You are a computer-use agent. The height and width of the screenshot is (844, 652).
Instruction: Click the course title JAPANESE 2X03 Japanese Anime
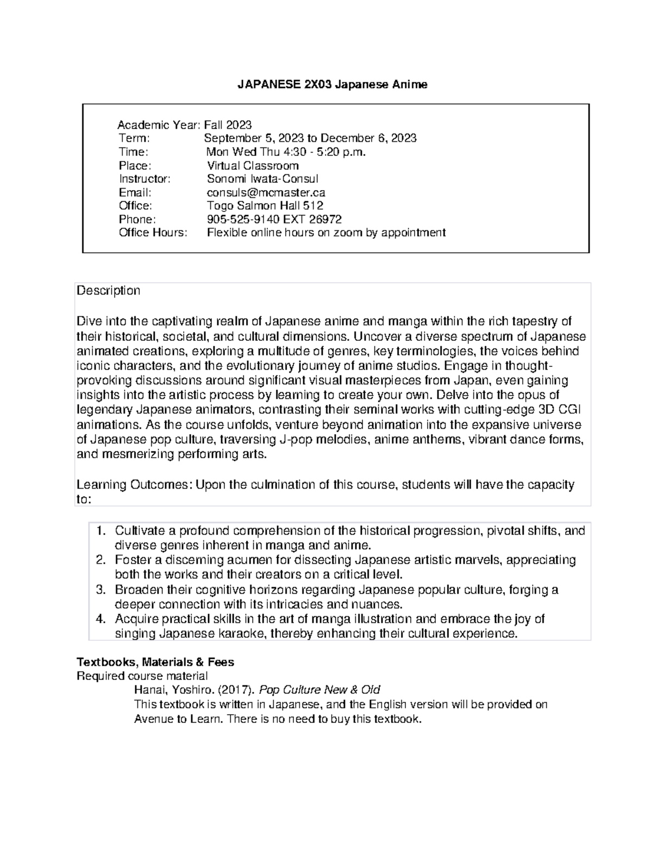pyautogui.click(x=333, y=84)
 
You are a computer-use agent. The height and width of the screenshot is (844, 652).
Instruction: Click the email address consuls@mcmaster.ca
pyautogui.click(x=266, y=192)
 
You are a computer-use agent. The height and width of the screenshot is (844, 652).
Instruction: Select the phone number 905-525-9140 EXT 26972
pyautogui.click(x=274, y=220)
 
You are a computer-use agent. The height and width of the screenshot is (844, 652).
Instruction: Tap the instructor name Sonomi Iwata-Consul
pyautogui.click(x=262, y=179)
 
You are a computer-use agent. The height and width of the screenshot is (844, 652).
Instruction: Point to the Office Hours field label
pyautogui.click(x=153, y=233)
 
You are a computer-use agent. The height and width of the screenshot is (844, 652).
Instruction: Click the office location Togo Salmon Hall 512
pyautogui.click(x=265, y=206)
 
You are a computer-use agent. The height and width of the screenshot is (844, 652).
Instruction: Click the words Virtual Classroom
pyautogui.click(x=253, y=166)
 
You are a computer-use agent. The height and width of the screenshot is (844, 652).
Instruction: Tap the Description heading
pyautogui.click(x=108, y=291)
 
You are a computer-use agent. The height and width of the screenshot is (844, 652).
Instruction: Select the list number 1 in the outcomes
pyautogui.click(x=100, y=531)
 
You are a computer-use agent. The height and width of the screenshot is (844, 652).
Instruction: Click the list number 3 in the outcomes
pyautogui.click(x=100, y=590)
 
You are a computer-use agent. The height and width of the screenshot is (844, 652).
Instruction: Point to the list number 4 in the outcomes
pyautogui.click(x=100, y=619)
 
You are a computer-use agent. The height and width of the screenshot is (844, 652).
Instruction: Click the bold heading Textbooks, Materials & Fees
pyautogui.click(x=155, y=662)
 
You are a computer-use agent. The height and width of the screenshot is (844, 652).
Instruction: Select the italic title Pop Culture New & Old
pyautogui.click(x=319, y=690)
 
